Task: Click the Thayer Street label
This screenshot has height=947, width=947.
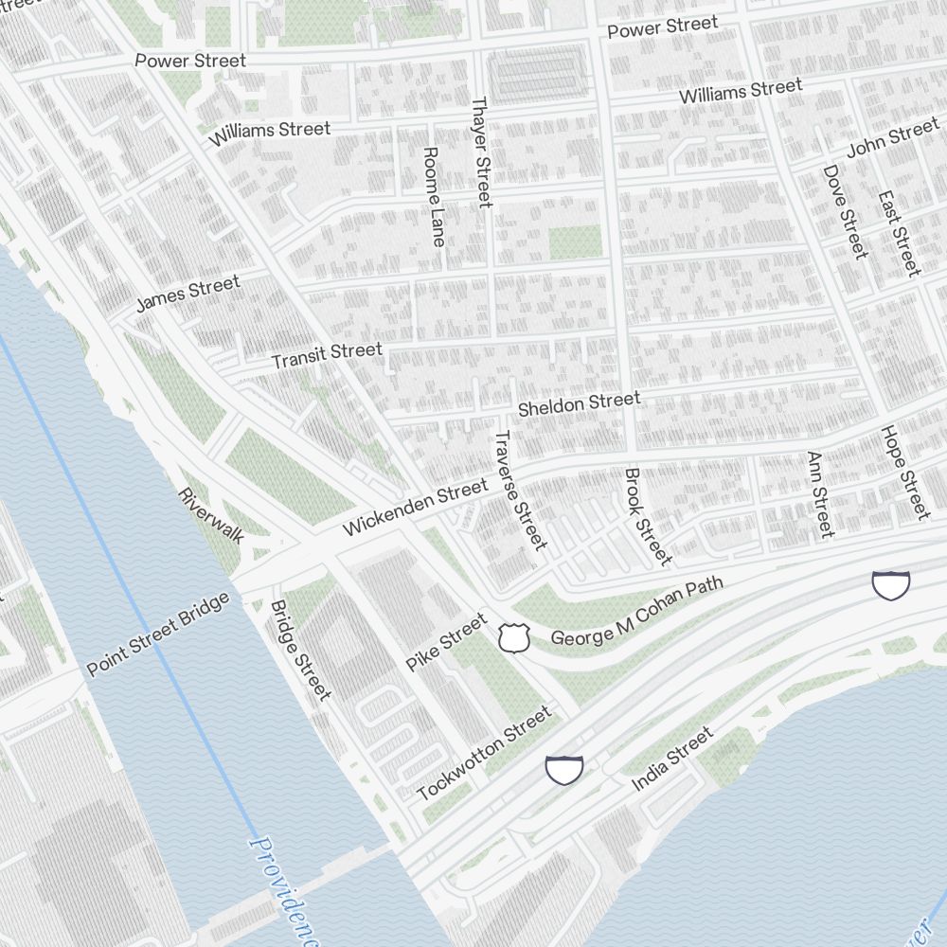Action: point(481,152)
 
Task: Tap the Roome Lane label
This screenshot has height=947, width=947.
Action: point(433,197)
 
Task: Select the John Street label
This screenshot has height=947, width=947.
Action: point(892,139)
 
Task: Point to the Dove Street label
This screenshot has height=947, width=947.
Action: point(845,211)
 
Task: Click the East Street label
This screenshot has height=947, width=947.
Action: point(899,234)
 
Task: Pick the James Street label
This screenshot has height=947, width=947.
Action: point(188,293)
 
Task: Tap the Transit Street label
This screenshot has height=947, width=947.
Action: point(327,355)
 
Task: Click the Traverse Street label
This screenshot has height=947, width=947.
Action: point(520,489)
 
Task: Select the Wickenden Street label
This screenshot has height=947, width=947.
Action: point(415,507)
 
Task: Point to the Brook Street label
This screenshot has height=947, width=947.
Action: point(647,515)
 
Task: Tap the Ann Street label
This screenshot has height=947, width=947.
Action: point(819,493)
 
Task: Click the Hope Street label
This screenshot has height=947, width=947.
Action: point(904,472)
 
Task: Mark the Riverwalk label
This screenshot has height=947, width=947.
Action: point(211,515)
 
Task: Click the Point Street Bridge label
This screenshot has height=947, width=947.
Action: point(158,634)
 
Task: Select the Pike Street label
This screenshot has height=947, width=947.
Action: point(446,642)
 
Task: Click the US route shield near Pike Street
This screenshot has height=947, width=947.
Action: point(513,637)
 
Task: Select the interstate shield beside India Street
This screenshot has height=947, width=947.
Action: point(564,769)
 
